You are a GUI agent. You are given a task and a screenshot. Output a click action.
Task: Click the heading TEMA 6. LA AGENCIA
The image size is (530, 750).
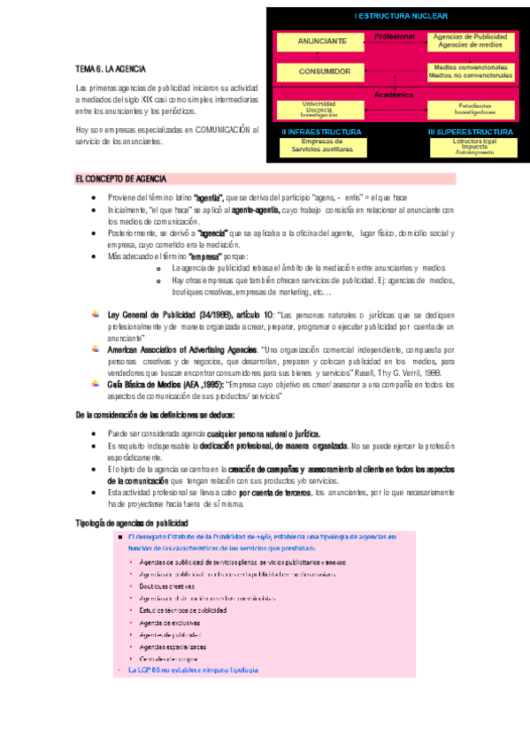pyautogui.click(x=111, y=68)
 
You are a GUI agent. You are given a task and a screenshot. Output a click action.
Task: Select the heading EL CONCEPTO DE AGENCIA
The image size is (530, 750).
pyautogui.click(x=124, y=179)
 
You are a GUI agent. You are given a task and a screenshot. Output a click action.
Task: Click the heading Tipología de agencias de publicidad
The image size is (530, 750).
pyautogui.click(x=132, y=523)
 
